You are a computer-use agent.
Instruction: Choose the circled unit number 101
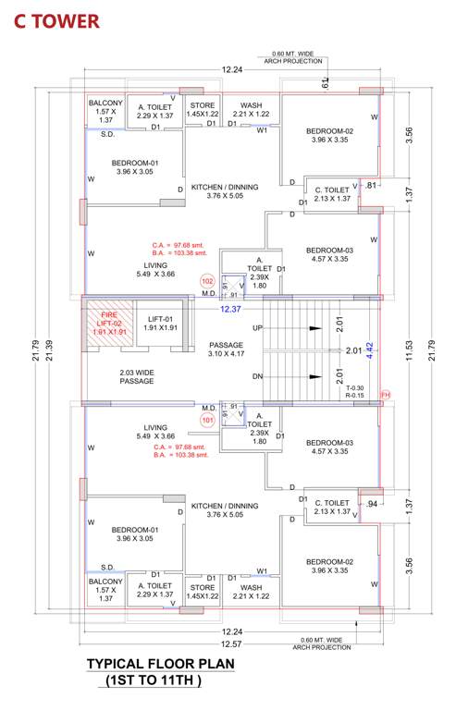207,419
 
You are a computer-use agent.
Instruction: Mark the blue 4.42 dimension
368,350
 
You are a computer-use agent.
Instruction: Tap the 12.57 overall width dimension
231,643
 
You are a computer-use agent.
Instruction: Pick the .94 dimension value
372,505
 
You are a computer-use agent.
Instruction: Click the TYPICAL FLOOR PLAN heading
161,664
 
